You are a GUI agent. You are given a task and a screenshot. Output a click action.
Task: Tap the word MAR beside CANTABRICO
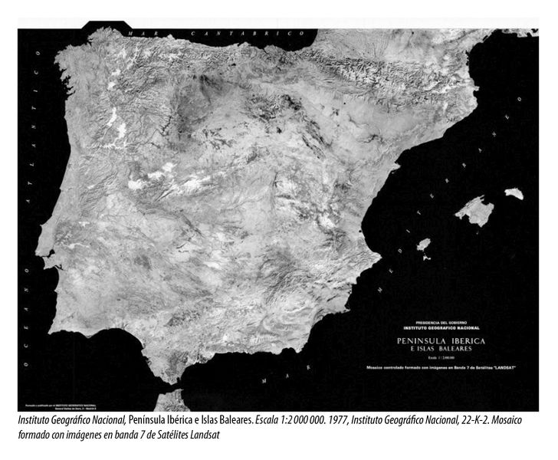pos(141,34)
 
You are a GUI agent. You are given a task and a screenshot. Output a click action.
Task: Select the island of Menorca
pos(514,194)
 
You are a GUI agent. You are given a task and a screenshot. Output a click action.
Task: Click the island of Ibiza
pos(422,245)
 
